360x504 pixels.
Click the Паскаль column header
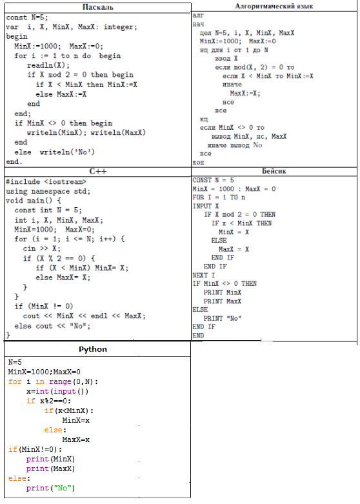97,7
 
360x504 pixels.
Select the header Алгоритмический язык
274,6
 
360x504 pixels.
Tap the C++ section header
97,171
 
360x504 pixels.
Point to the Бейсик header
274,171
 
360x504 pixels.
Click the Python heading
93,349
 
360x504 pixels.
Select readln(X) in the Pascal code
48,65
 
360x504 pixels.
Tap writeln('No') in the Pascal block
67,152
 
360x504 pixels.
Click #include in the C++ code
23,181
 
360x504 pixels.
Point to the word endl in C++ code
99,316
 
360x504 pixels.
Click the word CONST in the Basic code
202,180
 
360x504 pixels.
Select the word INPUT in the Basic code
202,206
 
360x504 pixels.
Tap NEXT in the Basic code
199,275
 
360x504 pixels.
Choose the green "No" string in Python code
63,488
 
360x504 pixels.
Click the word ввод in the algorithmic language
223,59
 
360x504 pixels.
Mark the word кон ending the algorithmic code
198,163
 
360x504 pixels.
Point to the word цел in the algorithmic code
205,33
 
